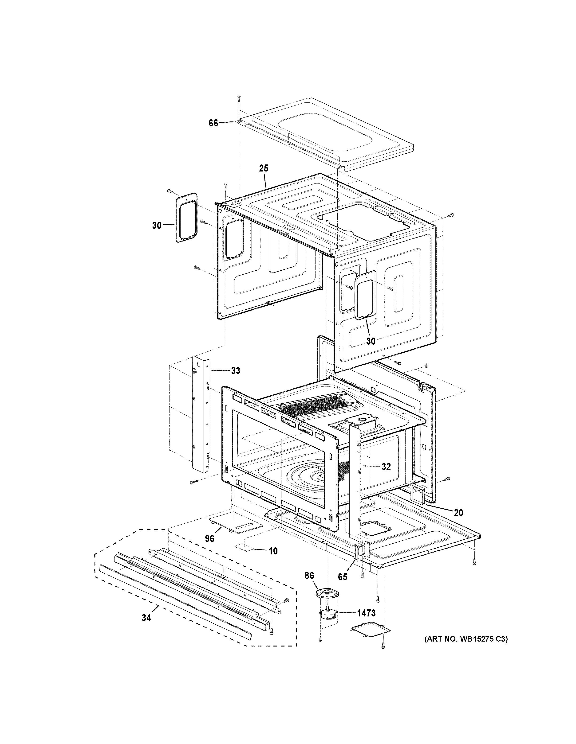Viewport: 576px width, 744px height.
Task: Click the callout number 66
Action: (213, 123)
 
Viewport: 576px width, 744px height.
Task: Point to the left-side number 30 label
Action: (157, 225)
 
